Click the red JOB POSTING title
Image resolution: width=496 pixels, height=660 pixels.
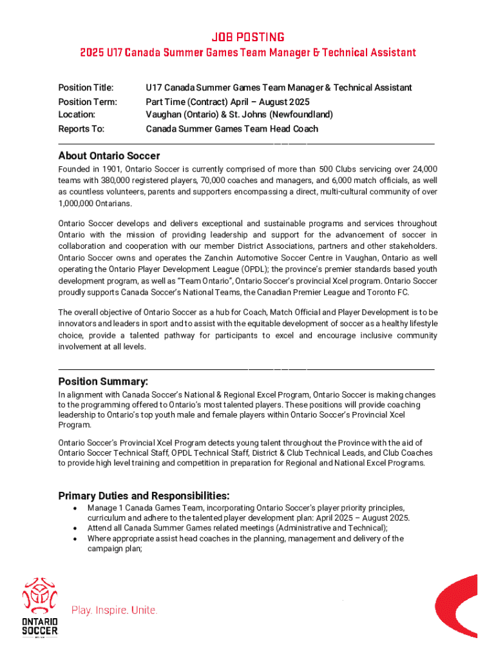pos(247,37)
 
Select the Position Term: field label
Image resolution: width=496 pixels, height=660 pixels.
pos(88,102)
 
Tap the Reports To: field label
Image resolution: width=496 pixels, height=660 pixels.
pos(81,129)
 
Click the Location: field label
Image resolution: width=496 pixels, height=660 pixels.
pos(77,115)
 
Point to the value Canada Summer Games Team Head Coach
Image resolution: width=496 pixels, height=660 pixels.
pos(232,129)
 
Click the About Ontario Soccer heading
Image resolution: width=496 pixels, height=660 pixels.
pos(109,156)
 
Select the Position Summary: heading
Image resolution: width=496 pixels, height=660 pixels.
pos(103,382)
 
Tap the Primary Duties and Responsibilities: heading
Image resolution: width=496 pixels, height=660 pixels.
pos(144,496)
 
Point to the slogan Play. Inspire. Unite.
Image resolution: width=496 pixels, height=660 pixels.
pos(114,610)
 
